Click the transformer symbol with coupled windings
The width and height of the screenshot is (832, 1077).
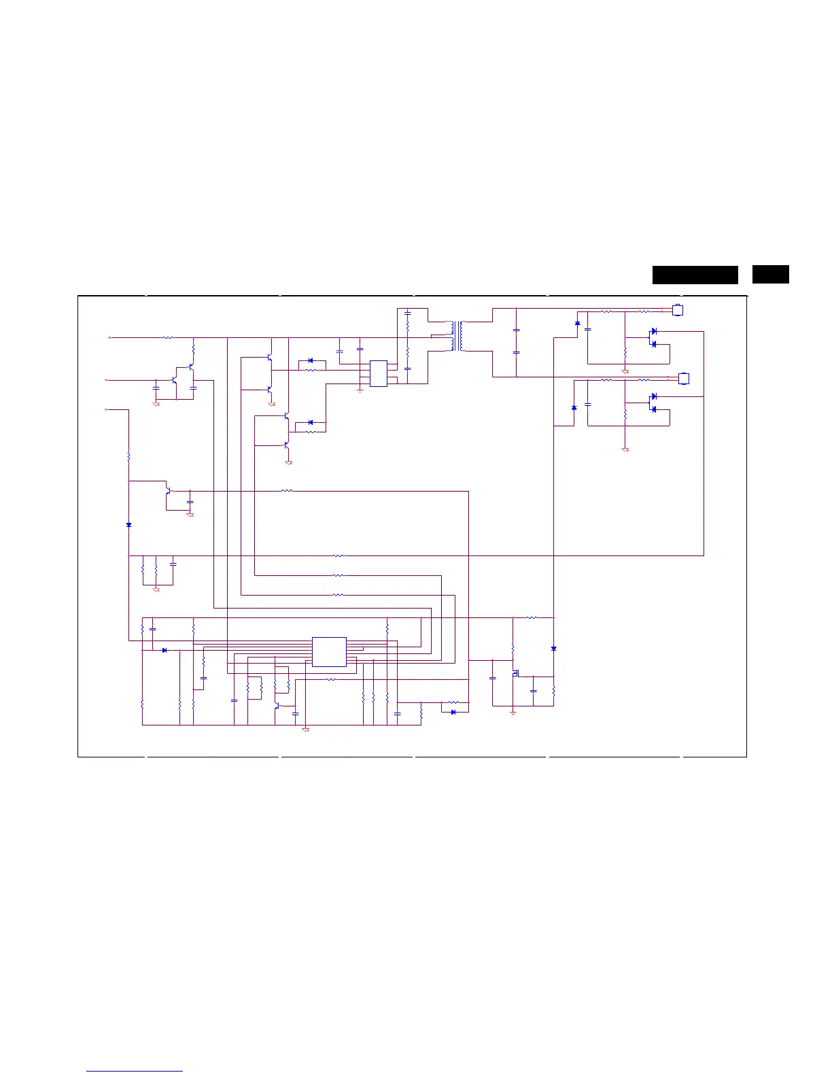(457, 337)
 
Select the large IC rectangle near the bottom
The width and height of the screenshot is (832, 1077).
(329, 652)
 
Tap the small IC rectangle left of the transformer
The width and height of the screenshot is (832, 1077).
(379, 373)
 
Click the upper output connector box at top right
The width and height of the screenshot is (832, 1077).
(677, 310)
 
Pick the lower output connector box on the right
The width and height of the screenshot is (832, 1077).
(684, 378)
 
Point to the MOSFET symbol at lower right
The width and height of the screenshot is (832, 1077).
(516, 673)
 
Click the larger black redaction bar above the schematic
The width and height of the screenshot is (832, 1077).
(695, 275)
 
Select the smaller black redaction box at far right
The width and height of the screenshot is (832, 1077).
(770, 274)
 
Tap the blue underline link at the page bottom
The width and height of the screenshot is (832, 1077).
(135, 1071)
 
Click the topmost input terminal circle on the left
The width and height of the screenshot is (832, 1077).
(109, 337)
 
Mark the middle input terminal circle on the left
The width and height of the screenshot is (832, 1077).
(107, 381)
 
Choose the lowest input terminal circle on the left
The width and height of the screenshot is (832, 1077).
(107, 410)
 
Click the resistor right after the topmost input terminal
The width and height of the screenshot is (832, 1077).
(168, 337)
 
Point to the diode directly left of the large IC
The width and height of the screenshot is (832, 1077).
(164, 650)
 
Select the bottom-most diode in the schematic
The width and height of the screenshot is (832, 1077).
(453, 712)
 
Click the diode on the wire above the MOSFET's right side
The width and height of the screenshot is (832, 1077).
(554, 649)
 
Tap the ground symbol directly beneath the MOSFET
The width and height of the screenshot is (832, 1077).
(513, 711)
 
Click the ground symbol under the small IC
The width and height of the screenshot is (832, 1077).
(360, 391)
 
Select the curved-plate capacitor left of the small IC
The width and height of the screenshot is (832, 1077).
(339, 351)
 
